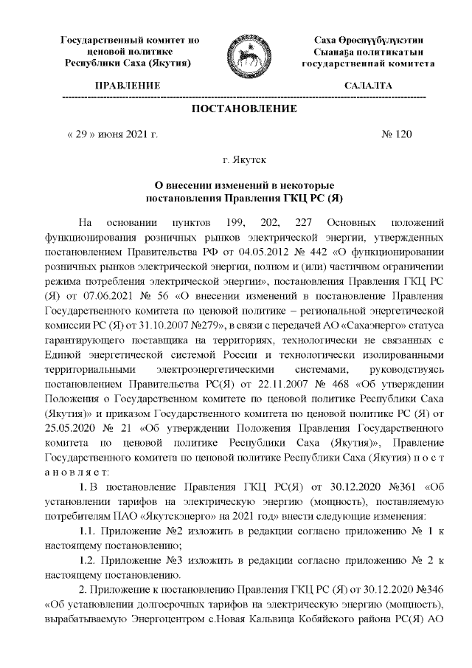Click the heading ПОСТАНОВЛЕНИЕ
(x=244, y=109)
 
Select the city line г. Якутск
(x=244, y=159)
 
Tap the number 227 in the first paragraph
(x=304, y=222)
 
